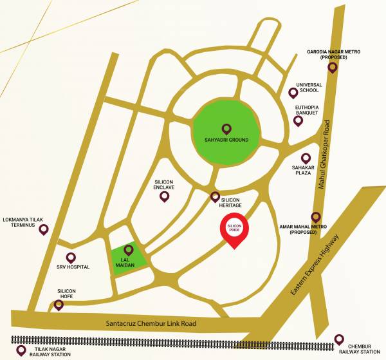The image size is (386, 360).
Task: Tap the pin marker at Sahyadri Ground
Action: [226, 128]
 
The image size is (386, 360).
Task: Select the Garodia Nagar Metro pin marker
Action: [333, 67]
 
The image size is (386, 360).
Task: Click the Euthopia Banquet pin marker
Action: [298, 121]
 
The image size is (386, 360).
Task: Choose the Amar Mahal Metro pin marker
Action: [315, 218]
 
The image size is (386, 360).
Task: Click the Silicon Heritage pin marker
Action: [216, 196]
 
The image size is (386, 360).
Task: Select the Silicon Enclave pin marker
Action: [164, 196]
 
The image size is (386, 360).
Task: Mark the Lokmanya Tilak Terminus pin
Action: [44, 229]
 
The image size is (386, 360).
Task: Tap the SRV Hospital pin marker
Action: [71, 258]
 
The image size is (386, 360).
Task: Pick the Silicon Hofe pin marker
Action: [59, 305]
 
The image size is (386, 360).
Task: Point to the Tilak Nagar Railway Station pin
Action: [21, 350]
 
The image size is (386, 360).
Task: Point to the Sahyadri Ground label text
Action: [226, 139]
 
